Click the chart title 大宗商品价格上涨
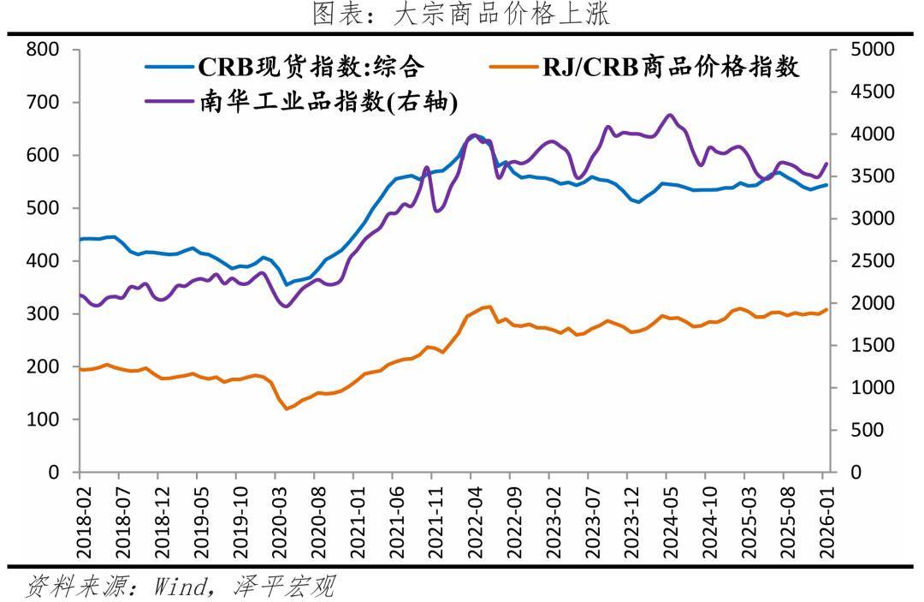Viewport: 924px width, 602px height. [x=461, y=14]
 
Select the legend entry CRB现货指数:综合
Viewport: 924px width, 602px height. [x=311, y=66]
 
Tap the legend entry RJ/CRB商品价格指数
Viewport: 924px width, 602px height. [x=671, y=66]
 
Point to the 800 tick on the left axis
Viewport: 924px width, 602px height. [x=43, y=50]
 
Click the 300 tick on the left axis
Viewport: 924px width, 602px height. [x=43, y=314]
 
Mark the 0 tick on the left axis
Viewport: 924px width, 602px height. [x=53, y=473]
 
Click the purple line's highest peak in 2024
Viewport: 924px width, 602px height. [x=669, y=115]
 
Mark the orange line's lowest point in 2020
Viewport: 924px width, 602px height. [x=287, y=408]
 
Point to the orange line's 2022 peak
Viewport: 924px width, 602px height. [x=489, y=306]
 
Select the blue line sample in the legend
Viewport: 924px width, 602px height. [x=169, y=66]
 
